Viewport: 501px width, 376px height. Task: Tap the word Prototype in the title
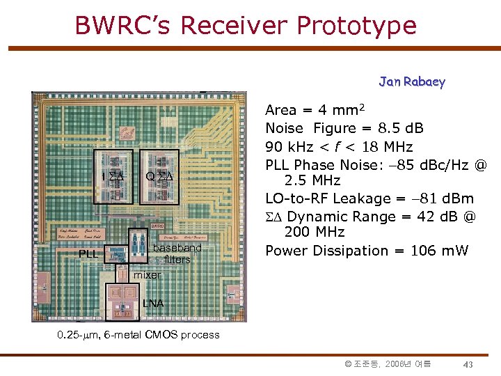[x=356, y=25]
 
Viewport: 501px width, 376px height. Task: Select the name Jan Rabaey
[x=412, y=81]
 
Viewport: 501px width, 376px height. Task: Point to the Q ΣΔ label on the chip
[x=159, y=176]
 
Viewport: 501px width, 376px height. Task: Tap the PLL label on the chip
[x=88, y=253]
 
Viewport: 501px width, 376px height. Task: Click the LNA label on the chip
[x=153, y=303]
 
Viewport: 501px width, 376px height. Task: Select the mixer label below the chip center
[x=147, y=275]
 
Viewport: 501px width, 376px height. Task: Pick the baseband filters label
[x=177, y=253]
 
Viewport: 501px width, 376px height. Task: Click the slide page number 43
[x=468, y=364]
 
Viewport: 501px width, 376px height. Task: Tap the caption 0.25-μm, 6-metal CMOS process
[x=138, y=335]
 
